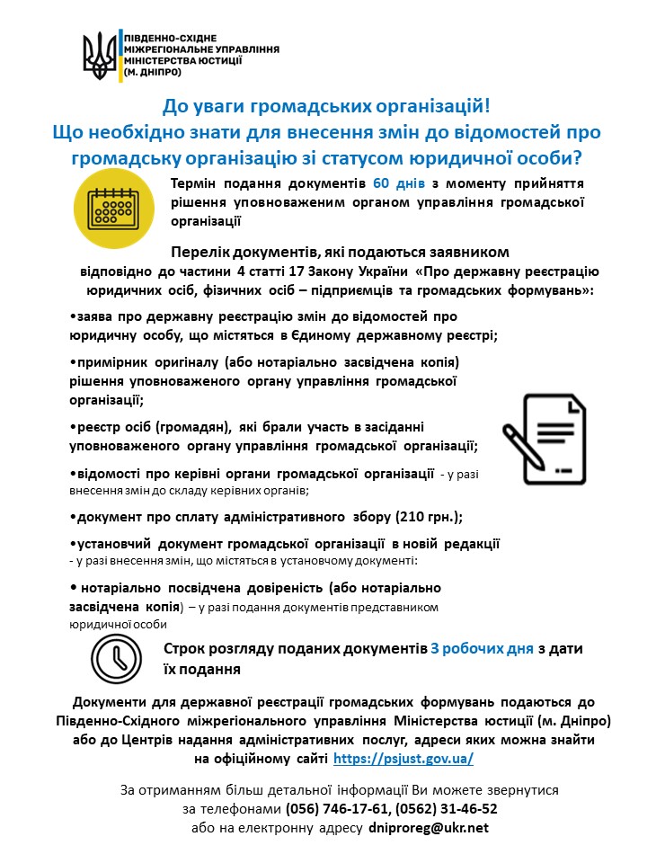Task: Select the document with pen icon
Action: [543, 439]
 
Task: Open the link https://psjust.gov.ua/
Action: [403, 759]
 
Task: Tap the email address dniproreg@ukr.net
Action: [429, 827]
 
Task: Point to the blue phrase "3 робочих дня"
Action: [482, 648]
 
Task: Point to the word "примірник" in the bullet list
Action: [107, 361]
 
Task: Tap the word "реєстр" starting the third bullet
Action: [95, 426]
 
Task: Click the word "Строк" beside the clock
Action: [185, 648]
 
